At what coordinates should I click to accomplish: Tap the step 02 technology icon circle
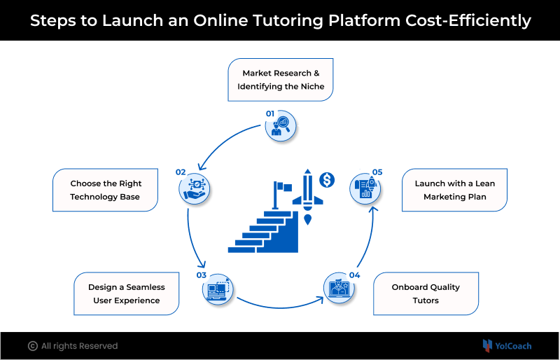[195, 187]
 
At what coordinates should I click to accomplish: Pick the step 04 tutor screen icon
[339, 289]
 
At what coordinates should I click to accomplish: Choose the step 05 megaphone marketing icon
[365, 187]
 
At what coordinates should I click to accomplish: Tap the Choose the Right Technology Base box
[105, 191]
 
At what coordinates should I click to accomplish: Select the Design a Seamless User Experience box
[126, 294]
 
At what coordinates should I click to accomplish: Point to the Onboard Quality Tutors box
[426, 294]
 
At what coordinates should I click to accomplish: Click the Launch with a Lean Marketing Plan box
[454, 191]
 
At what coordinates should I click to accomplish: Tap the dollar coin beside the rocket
[326, 180]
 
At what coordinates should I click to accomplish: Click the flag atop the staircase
[283, 189]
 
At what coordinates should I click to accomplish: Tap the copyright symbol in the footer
[32, 346]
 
